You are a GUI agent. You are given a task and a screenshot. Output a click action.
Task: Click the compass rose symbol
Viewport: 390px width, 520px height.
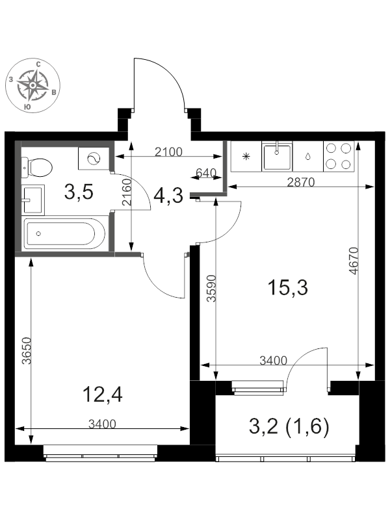[x=33, y=85]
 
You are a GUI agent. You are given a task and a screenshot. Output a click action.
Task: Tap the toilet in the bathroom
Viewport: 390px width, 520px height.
[x=37, y=167]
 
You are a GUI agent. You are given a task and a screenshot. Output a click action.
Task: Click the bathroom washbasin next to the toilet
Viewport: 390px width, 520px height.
[x=33, y=200]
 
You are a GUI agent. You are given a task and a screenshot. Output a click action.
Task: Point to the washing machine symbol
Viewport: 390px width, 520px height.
[x=94, y=159]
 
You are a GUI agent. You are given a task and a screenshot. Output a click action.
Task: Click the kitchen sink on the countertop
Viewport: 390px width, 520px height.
[x=277, y=156]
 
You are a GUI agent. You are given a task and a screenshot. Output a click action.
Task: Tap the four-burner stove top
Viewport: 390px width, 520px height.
[x=339, y=156]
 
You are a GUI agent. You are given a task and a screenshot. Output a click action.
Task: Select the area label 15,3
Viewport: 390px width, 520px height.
[x=287, y=287]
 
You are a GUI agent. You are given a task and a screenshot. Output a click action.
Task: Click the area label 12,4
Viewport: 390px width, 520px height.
[x=103, y=395]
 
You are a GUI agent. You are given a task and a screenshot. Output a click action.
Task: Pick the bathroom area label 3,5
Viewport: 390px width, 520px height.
[x=79, y=192]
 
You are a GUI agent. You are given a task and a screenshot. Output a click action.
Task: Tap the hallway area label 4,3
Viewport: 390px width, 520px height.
[x=168, y=196]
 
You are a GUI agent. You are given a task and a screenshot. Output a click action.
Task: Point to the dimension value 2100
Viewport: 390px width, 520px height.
[x=169, y=152]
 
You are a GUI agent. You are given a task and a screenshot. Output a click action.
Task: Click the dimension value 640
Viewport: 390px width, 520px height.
[x=206, y=173]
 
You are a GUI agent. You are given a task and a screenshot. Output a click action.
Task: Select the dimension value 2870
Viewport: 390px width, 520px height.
[x=300, y=182]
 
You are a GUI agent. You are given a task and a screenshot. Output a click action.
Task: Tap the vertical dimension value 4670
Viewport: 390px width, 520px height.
[x=354, y=261]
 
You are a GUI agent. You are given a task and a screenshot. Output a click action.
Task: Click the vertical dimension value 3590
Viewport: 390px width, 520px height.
[x=211, y=288]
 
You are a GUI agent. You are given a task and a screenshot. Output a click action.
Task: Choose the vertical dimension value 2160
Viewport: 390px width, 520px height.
[x=126, y=192]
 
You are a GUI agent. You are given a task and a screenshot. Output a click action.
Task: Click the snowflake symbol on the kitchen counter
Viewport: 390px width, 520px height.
[x=246, y=157]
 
